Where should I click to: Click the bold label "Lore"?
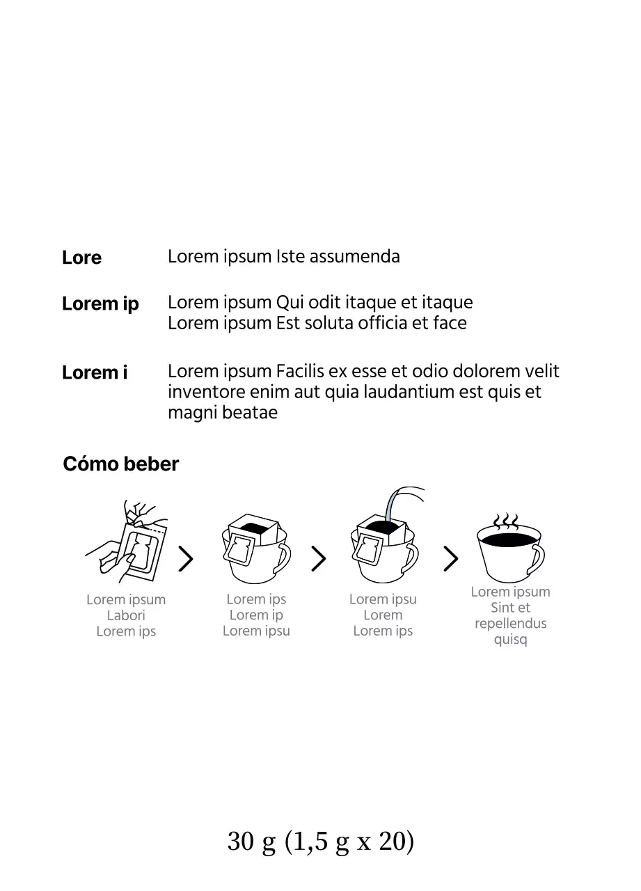[x=81, y=258]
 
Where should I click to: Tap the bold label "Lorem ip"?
[x=100, y=304]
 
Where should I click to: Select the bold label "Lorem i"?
[x=95, y=372]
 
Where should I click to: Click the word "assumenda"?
[x=355, y=257]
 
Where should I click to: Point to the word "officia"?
[x=383, y=322]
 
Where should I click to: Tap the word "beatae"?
[x=250, y=412]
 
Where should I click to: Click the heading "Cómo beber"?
[x=121, y=464]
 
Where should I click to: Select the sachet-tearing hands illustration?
[x=127, y=541]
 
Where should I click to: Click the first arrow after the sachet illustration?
[x=186, y=558]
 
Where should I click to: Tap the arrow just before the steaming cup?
[x=450, y=558]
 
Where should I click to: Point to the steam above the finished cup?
[x=506, y=521]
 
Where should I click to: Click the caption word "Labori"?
[x=126, y=615]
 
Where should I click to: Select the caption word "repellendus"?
[x=511, y=623]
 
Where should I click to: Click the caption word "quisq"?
[x=511, y=640]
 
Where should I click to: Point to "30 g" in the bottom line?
[x=251, y=842]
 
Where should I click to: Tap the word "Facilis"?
[x=300, y=371]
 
